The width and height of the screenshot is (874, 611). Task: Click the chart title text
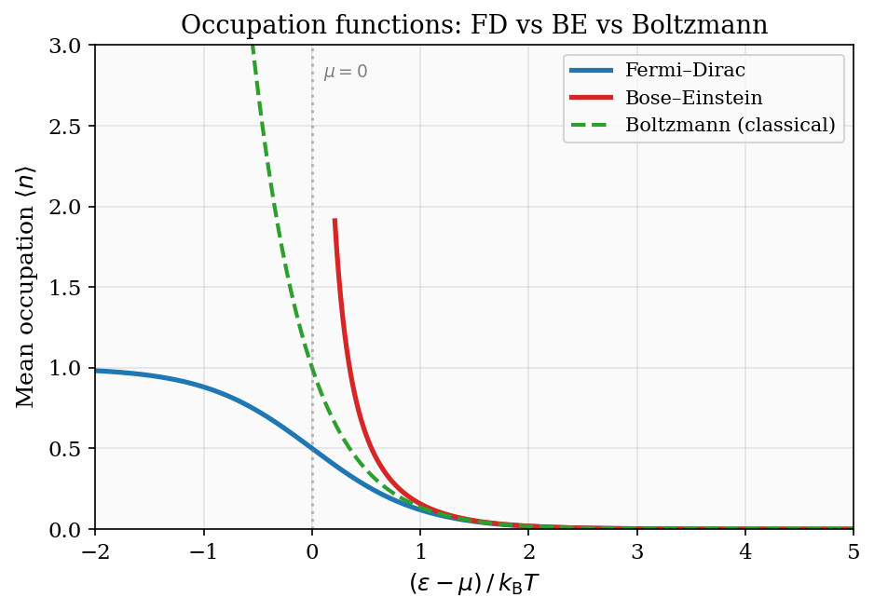click(x=474, y=24)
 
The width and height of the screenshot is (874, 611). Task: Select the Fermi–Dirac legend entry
click(x=685, y=71)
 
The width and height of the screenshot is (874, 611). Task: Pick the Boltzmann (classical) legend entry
click(x=730, y=125)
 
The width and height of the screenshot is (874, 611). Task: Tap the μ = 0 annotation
click(x=346, y=73)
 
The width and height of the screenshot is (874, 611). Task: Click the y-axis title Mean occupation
click(x=26, y=287)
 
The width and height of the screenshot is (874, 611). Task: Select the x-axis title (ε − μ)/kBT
click(x=474, y=585)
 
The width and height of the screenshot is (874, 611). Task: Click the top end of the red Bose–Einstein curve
click(x=335, y=221)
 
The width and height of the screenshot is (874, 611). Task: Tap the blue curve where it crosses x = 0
click(x=312, y=449)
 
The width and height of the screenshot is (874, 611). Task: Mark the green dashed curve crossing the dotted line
click(x=312, y=368)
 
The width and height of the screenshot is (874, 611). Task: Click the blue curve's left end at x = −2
click(x=96, y=371)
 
